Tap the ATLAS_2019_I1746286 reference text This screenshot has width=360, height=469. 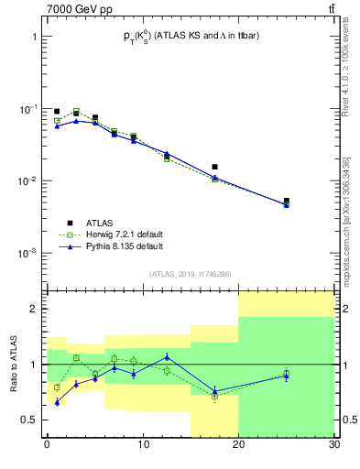[x=190, y=274]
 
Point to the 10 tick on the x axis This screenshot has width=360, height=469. [x=142, y=446]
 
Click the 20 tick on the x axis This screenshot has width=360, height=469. [x=238, y=446]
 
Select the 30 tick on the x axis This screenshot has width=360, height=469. [x=333, y=446]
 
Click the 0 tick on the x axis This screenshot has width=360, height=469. [x=47, y=446]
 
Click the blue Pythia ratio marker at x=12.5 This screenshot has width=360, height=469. [x=167, y=357]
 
